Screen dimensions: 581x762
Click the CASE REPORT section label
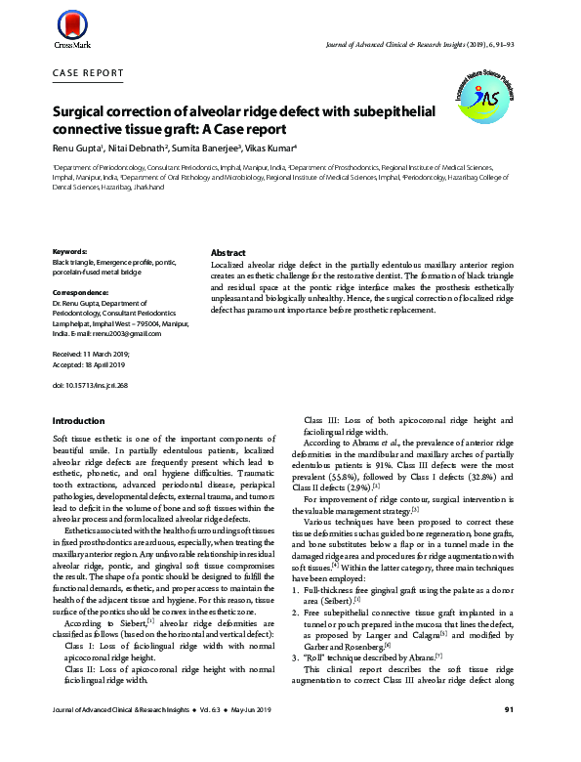(x=88, y=73)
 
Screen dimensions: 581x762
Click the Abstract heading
(x=228, y=253)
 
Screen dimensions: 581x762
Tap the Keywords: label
(x=70, y=252)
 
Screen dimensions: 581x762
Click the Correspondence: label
(x=81, y=292)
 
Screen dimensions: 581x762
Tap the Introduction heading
(x=80, y=420)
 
